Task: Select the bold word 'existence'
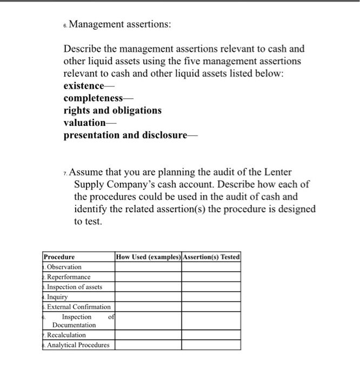[84, 86]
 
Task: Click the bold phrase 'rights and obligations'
[112, 110]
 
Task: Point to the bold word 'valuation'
[84, 123]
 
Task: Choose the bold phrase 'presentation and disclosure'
[125, 135]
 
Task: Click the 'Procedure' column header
[59, 257]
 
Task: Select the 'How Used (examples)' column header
[148, 257]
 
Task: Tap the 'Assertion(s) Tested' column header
[211, 257]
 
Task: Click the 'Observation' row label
[64, 267]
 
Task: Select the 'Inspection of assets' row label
[74, 287]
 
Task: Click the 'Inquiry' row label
[57, 297]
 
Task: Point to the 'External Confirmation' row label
[78, 307]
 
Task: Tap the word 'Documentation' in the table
[74, 325]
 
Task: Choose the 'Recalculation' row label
[66, 335]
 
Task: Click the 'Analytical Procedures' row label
[78, 345]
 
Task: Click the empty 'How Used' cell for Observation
[148, 267]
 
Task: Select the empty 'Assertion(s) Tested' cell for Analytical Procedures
[211, 345]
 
